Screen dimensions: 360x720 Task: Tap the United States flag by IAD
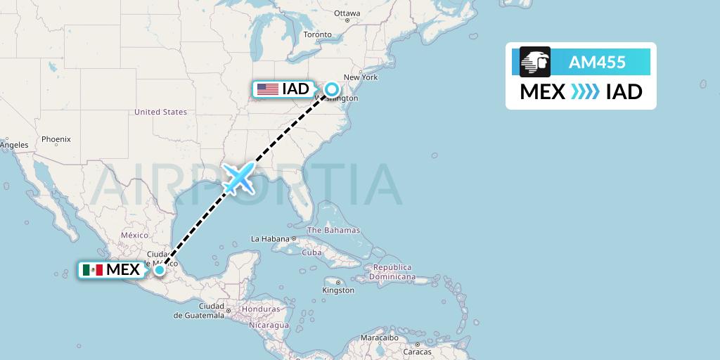coord(268,89)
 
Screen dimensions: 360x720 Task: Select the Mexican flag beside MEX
coord(93,270)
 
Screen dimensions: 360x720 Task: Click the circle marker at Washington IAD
coord(331,89)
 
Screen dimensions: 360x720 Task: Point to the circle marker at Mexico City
coord(160,270)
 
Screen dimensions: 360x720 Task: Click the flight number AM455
coord(597,63)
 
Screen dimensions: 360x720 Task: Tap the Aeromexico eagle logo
coord(535,62)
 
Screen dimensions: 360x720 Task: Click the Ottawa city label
coord(347,13)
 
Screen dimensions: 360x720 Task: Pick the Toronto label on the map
coord(317,34)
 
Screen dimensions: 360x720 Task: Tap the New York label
coord(361,77)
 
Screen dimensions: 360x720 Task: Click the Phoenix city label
coord(56,139)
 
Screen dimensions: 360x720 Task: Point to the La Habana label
coord(270,238)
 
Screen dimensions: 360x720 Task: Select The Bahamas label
coord(333,230)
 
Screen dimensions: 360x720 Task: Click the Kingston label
coord(338,290)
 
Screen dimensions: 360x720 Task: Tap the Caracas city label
coord(417,351)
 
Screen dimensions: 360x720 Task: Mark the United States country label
coord(160,112)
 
